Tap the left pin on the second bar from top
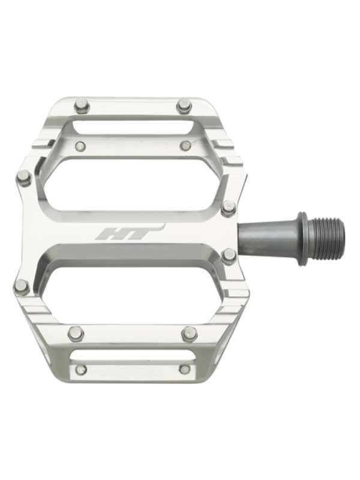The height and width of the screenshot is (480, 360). click(x=80, y=146)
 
